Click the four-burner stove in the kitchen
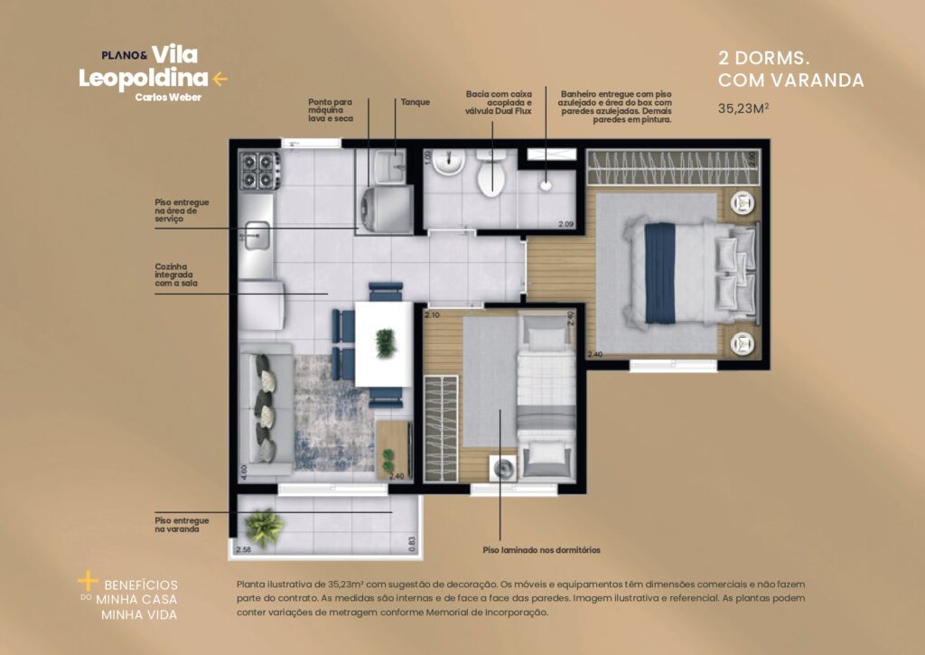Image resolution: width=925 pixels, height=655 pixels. tap(257, 170)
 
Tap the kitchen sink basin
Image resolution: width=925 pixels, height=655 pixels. tap(256, 236)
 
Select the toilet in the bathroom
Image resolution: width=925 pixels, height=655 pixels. tap(491, 174)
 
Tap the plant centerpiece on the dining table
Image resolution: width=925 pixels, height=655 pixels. tap(385, 342)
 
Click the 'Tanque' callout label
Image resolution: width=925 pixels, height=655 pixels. tap(416, 102)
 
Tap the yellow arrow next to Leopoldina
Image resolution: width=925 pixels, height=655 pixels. tap(220, 79)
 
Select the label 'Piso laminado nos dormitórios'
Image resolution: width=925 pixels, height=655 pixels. tap(541, 549)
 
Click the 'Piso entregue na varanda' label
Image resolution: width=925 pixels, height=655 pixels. tap(182, 525)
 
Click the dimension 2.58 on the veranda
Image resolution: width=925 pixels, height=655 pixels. tap(242, 548)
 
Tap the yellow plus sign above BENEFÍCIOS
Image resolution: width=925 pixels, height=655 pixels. tap(87, 579)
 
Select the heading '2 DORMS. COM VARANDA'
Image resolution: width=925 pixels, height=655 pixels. tap(790, 69)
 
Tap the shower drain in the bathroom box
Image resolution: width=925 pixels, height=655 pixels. tap(547, 185)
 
